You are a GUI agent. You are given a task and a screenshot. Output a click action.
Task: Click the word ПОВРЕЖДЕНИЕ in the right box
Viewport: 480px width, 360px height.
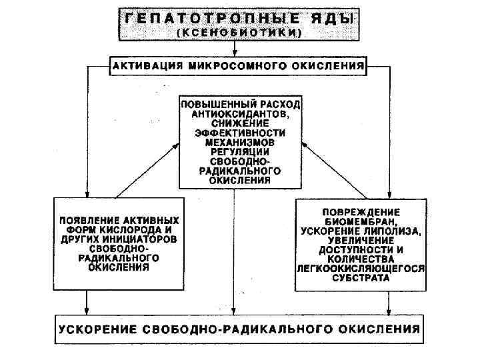click(361, 213)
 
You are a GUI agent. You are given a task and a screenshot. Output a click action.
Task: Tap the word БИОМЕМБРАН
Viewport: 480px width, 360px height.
click(361, 222)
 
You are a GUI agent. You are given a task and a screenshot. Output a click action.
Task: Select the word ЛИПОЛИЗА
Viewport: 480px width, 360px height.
click(394, 231)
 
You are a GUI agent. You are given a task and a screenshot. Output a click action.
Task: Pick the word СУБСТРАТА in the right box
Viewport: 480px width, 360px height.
click(361, 278)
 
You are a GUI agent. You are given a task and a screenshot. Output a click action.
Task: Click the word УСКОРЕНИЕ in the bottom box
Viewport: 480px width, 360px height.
click(98, 328)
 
